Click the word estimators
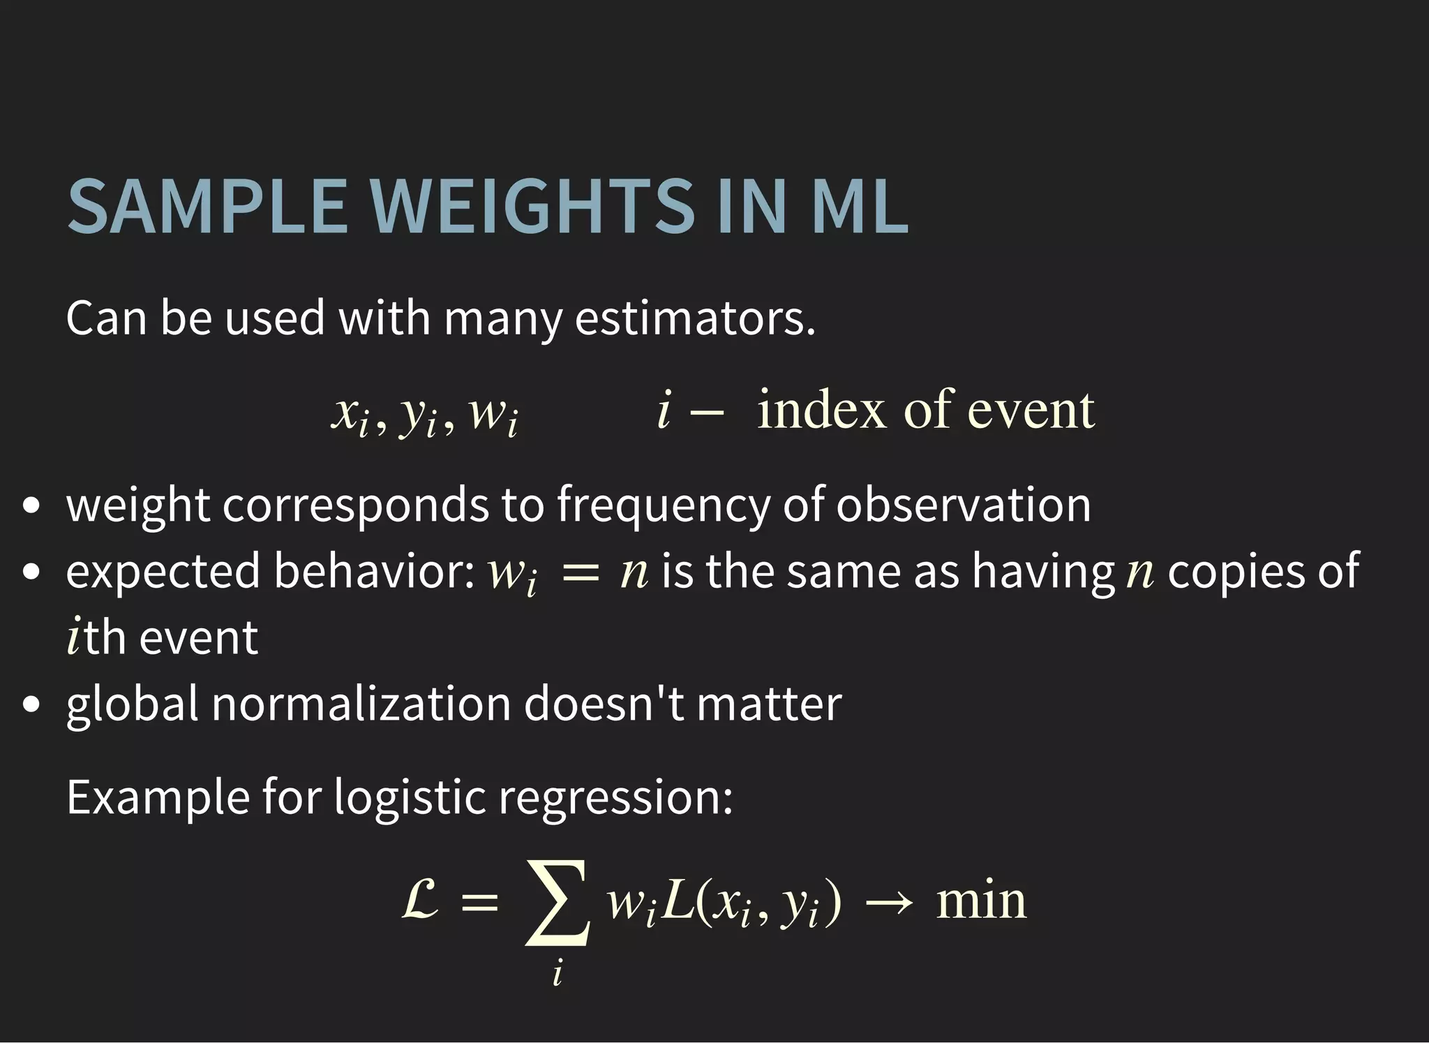pyautogui.click(x=695, y=318)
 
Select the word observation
pyautogui.click(x=964, y=505)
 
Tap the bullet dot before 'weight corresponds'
pyautogui.click(x=31, y=505)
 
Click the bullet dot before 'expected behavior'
pyautogui.click(x=31, y=572)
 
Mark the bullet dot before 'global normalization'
pyautogui.click(x=31, y=704)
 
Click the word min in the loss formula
pyautogui.click(x=981, y=901)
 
